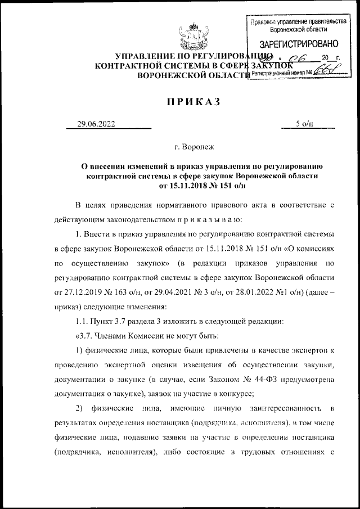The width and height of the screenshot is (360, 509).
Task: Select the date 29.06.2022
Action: pyautogui.click(x=96, y=124)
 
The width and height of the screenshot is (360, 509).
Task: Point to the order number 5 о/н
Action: pyautogui.click(x=304, y=124)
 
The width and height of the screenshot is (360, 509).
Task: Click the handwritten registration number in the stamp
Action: pyautogui.click(x=325, y=71)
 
